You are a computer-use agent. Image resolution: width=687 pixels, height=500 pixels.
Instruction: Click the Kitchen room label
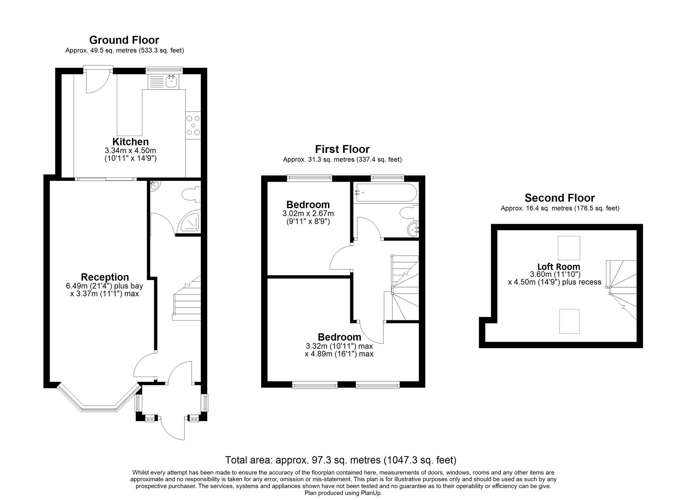[131, 142]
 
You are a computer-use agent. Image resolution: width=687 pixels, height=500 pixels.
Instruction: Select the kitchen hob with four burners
[193, 125]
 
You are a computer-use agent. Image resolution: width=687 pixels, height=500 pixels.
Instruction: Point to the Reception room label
[105, 277]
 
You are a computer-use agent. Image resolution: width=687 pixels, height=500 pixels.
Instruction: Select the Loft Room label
[559, 267]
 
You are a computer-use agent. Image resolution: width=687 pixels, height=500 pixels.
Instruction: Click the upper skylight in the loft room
[568, 248]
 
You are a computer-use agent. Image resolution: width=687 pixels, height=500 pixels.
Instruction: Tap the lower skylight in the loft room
[569, 321]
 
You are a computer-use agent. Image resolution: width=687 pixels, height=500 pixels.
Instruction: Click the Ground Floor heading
[124, 40]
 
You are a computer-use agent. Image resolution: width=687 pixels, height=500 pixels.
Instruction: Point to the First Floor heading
[342, 149]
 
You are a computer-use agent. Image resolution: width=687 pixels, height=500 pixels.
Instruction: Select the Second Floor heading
[560, 198]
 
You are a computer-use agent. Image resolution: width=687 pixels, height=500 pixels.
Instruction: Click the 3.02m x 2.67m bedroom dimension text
[308, 213]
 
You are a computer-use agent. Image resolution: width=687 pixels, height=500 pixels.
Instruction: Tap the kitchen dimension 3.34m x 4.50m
[131, 151]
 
